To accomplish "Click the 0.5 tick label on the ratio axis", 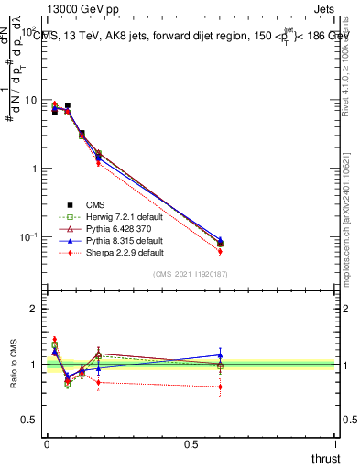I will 27,420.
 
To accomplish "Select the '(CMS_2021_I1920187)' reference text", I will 191,274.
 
